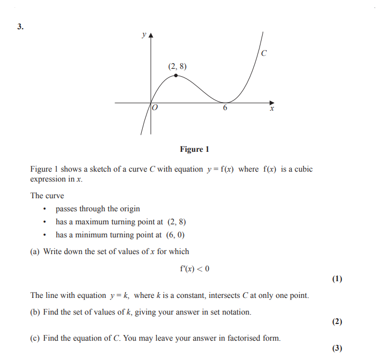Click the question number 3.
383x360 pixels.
click(20, 27)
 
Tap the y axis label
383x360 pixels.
click(143, 35)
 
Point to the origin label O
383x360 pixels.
click(155, 108)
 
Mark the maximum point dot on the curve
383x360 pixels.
click(176, 75)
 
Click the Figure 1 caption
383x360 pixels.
click(194, 149)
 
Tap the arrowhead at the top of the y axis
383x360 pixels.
click(151, 36)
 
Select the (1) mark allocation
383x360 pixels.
click(337, 279)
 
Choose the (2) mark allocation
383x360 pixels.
click(337, 321)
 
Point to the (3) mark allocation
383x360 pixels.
click(337, 348)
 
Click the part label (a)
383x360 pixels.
click(35, 251)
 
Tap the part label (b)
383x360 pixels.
click(35, 313)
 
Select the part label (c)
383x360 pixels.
click(35, 338)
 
